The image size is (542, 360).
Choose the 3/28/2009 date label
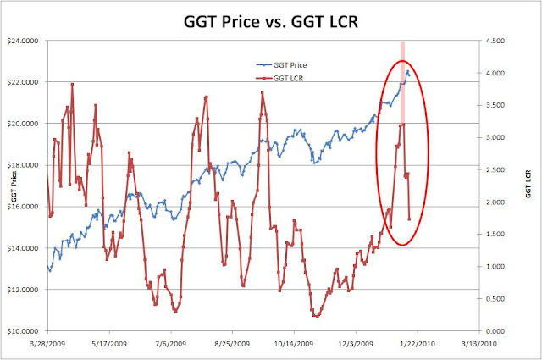pos(47,345)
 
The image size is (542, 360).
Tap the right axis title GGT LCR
pos(528,184)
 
